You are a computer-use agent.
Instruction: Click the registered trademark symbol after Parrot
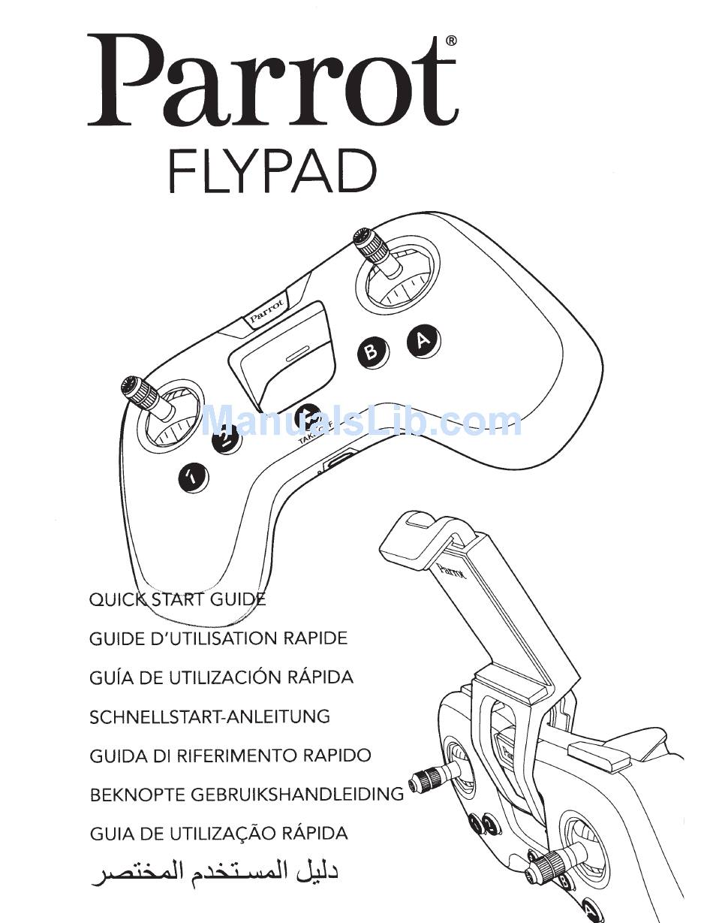450,41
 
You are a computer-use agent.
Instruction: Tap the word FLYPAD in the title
272,170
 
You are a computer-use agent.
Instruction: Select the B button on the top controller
372,351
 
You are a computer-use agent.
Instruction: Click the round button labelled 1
193,475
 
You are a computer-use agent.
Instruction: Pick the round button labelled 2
225,439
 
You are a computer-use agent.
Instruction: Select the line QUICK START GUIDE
177,599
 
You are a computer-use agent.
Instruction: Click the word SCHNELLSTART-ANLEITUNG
209,716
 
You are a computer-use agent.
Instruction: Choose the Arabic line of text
215,874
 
